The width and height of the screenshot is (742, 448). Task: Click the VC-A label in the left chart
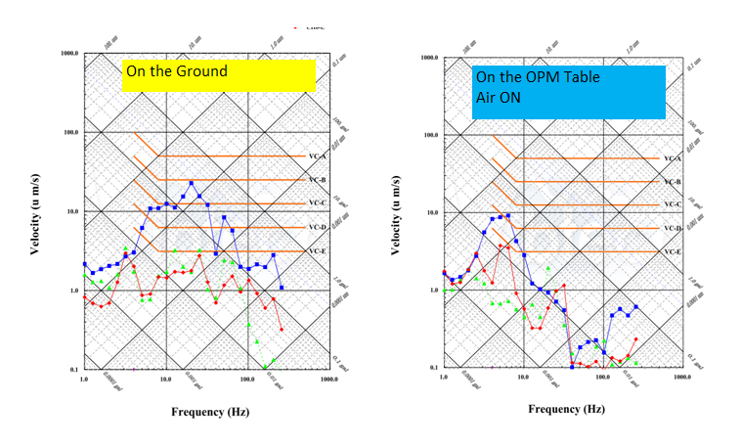click(x=317, y=156)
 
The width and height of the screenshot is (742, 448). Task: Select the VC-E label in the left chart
click(x=317, y=251)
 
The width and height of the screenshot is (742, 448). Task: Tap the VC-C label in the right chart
click(x=673, y=204)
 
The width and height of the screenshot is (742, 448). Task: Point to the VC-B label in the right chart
click(x=673, y=182)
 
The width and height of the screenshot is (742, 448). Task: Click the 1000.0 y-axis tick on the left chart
click(x=65, y=53)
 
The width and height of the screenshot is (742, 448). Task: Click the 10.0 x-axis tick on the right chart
click(x=524, y=377)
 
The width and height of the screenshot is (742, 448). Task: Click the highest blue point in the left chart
click(x=192, y=183)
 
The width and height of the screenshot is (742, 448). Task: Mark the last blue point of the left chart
click(x=282, y=288)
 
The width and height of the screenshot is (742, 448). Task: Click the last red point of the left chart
click(x=282, y=330)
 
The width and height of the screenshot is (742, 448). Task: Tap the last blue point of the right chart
click(x=635, y=307)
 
